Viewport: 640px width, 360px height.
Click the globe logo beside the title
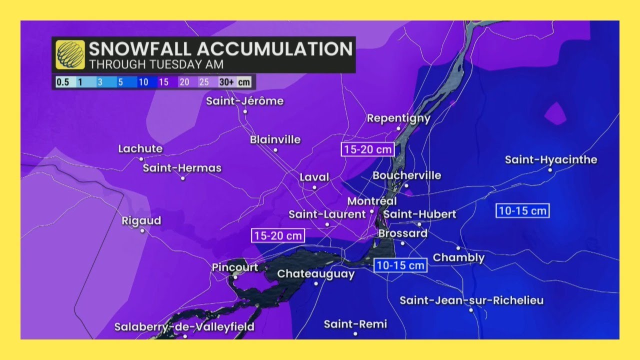point(70,54)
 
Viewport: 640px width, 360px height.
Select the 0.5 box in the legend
point(62,82)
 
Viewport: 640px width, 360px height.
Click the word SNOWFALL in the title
point(140,49)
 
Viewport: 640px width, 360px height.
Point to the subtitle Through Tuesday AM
point(156,64)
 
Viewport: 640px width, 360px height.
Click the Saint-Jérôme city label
point(245,101)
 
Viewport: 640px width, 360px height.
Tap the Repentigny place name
point(398,118)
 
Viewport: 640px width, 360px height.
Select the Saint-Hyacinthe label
point(551,160)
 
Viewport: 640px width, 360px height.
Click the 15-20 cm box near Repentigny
point(368,149)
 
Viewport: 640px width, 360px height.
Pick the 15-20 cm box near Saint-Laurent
point(278,235)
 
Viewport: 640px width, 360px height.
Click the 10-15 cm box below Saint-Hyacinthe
point(522,210)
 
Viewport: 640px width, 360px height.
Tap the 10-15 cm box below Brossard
point(400,265)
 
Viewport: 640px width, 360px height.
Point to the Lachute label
point(140,149)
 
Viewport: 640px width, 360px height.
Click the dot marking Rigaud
point(142,231)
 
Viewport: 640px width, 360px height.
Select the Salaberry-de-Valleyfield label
point(184,327)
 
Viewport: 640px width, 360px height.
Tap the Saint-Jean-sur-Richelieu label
point(471,300)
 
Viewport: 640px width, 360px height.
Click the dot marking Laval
point(314,187)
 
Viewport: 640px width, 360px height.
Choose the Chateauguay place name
point(315,274)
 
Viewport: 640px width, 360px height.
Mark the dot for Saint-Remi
point(355,333)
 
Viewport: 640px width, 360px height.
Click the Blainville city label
point(275,139)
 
